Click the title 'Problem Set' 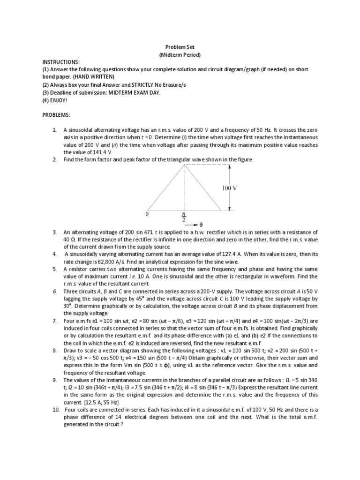(x=180, y=47)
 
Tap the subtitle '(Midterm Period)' (x=180, y=55)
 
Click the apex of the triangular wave (x=186, y=165)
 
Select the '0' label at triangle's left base (x=147, y=213)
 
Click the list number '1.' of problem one (x=55, y=130)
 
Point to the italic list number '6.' (x=55, y=292)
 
